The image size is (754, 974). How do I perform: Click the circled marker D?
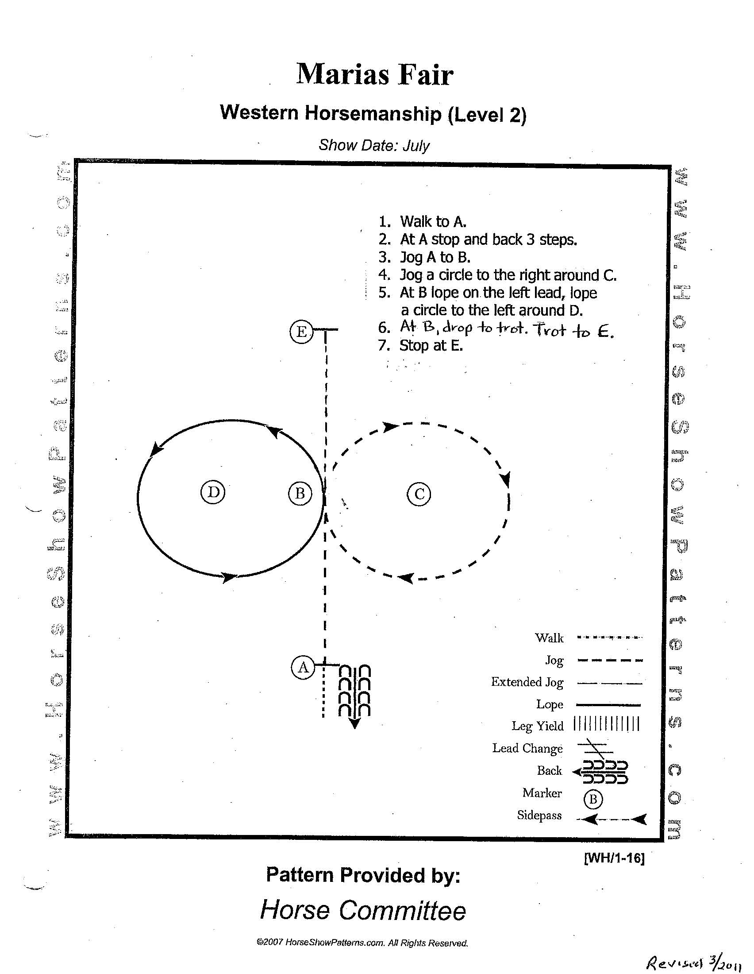213,492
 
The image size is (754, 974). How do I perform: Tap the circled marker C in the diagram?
419,494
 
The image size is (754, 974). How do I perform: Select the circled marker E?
301,332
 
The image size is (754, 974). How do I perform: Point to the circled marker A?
303,668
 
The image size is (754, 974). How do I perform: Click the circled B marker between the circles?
300,493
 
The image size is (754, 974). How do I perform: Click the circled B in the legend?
593,799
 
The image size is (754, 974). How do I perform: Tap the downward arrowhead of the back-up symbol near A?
354,725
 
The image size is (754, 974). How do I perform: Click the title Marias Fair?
375,74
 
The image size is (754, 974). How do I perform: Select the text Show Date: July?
374,145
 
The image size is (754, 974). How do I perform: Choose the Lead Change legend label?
527,748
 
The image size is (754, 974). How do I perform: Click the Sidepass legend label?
539,816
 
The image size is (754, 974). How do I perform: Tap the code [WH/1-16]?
614,858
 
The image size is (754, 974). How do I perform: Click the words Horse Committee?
363,910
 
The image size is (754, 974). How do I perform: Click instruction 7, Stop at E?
431,346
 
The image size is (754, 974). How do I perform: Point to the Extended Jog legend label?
527,682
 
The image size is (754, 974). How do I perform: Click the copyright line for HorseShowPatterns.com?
362,943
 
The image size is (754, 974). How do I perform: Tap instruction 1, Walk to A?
433,222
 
